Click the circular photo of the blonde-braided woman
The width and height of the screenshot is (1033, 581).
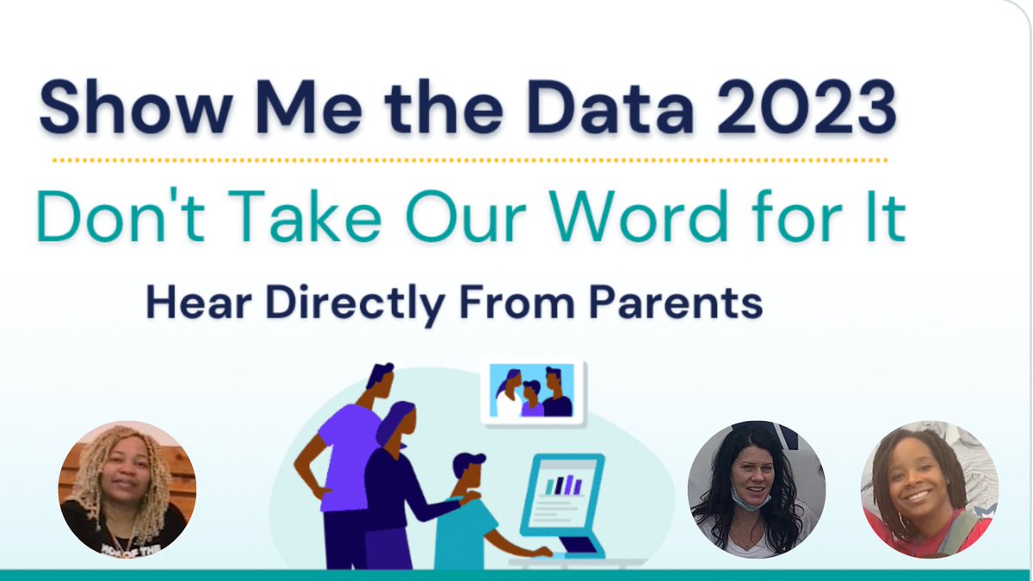click(x=127, y=488)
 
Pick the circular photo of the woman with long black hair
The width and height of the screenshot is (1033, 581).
click(x=757, y=489)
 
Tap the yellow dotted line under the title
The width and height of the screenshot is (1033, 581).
click(x=469, y=160)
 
